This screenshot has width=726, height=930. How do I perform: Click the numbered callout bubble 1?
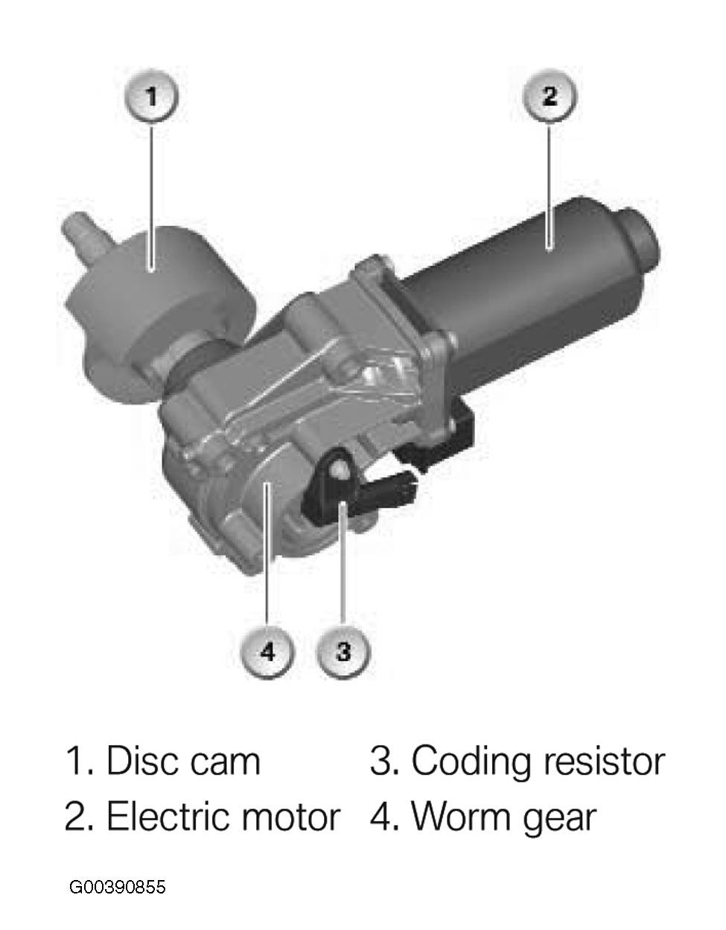[151, 96]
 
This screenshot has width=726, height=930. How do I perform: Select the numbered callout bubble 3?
[343, 652]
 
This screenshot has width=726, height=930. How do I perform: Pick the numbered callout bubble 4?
[267, 652]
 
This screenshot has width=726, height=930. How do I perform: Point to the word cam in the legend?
[225, 765]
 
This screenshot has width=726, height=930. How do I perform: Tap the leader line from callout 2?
[550, 185]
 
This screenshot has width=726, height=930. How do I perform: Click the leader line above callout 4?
[267, 554]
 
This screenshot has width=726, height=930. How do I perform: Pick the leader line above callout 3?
[343, 565]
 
